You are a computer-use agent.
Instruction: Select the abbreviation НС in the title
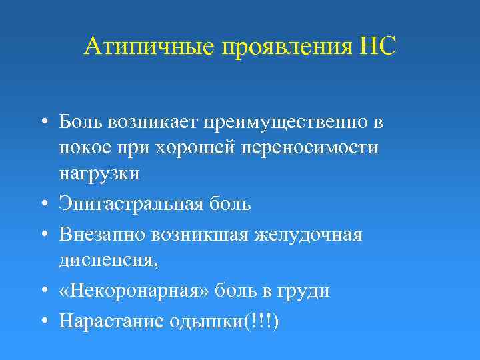377,47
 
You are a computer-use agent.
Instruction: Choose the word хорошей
185,147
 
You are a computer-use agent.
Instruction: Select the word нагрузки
99,173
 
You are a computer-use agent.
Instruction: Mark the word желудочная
312,235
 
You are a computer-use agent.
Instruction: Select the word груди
307,291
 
